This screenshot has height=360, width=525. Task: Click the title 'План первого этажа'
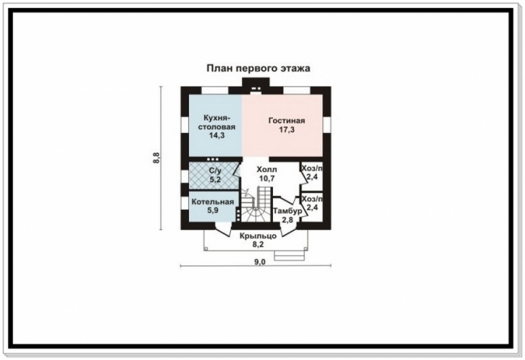258,69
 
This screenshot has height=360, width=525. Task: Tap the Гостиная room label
287,121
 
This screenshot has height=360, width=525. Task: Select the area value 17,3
287,129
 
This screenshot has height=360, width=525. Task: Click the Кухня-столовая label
217,123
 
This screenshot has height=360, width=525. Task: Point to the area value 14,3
217,136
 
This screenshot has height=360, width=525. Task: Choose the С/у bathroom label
215,170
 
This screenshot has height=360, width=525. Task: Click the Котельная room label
213,202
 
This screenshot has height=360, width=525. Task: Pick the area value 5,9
213,210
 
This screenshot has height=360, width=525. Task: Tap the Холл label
267,169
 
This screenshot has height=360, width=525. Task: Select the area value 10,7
267,178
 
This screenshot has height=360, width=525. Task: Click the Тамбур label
287,211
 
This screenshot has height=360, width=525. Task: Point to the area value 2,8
287,220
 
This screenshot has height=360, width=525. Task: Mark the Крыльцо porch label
258,236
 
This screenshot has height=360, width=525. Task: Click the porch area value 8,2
258,245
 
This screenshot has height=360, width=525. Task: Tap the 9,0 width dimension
259,262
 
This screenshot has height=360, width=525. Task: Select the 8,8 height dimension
156,158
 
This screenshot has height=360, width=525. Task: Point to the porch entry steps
289,255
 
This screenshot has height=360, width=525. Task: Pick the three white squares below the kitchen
213,159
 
